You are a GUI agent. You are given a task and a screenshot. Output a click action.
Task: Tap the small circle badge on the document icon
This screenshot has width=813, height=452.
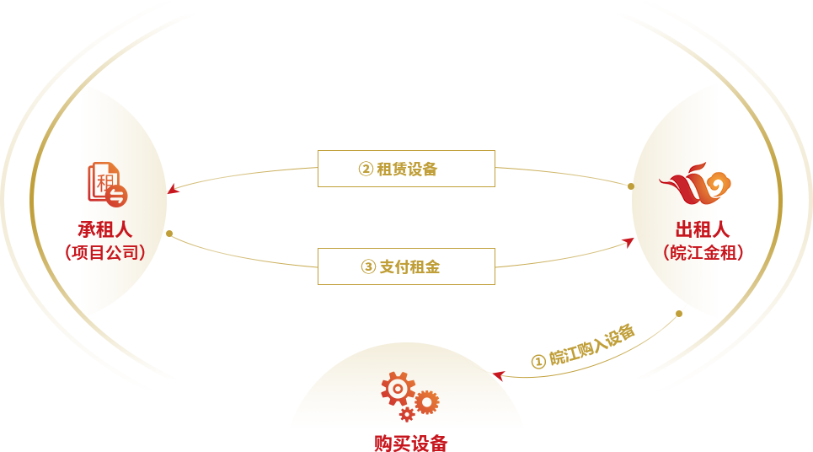pos(117,196)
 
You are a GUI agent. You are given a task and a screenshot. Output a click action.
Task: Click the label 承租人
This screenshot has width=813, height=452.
pos(105,229)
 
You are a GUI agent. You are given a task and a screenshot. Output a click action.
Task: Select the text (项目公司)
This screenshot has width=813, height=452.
pos(106,252)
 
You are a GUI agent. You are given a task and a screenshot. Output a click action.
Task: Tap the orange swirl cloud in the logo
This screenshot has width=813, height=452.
pos(716,184)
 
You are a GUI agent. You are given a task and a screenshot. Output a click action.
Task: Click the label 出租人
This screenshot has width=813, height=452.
pos(702,229)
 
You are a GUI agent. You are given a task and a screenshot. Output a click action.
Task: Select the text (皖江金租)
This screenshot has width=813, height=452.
pos(703,252)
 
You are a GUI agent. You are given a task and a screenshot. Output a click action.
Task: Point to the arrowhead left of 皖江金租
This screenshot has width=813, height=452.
pos(628,242)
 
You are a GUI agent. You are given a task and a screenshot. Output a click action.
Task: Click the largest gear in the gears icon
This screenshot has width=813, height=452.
pos(397,388)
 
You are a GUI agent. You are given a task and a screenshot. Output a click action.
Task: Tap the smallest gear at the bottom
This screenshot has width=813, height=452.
pos(407,414)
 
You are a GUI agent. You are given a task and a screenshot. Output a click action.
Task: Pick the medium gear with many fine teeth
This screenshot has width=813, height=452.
pos(427,402)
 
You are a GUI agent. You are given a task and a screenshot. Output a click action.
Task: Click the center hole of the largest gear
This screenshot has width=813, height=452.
pos(397,388)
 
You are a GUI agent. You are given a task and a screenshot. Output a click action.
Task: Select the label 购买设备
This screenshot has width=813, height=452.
pos(411,443)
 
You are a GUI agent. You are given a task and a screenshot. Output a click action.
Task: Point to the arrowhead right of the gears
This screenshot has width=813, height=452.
pos(499,374)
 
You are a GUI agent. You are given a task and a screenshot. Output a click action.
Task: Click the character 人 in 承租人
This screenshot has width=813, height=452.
pos(124,229)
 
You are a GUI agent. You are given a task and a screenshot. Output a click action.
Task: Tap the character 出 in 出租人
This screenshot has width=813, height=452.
pos(683,229)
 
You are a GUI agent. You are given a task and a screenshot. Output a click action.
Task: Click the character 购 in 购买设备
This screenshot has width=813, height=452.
pos(383,443)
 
